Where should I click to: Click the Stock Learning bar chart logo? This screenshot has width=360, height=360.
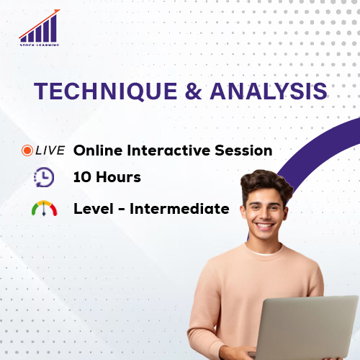coord(40,30)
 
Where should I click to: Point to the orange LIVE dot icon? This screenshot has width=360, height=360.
coord(27,150)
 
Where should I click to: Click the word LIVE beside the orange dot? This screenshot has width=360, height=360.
coord(50,150)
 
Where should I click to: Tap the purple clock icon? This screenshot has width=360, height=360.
coord(42,177)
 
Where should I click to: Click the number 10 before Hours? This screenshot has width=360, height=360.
coord(83,176)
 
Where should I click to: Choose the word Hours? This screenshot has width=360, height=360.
coord(118,176)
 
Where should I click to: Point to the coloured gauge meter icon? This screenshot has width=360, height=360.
coord(43,209)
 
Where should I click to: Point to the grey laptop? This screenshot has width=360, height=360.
coord(306,328)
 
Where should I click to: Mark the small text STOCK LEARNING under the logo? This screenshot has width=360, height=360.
coord(40,45)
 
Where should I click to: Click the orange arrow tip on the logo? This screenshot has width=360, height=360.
coord(58,12)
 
